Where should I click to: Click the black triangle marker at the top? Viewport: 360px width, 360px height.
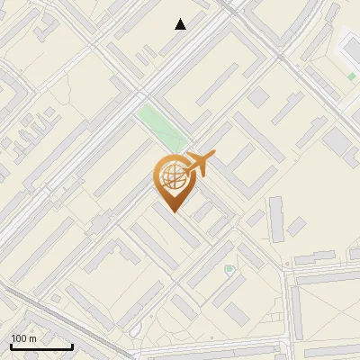pyautogui.click(x=181, y=24)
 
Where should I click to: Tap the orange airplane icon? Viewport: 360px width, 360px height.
pyautogui.click(x=201, y=164)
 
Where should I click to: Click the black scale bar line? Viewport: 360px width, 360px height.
pyautogui.click(x=41, y=346)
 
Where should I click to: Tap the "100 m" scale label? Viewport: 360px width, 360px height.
pyautogui.click(x=23, y=338)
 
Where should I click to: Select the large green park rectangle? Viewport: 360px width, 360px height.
pyautogui.click(x=161, y=126)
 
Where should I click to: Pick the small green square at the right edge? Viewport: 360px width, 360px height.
pyautogui.click(x=351, y=77)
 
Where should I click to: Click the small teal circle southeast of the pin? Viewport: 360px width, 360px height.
pyautogui.click(x=229, y=268)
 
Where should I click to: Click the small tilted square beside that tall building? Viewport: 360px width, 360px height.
pyautogui.click(x=296, y=227)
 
